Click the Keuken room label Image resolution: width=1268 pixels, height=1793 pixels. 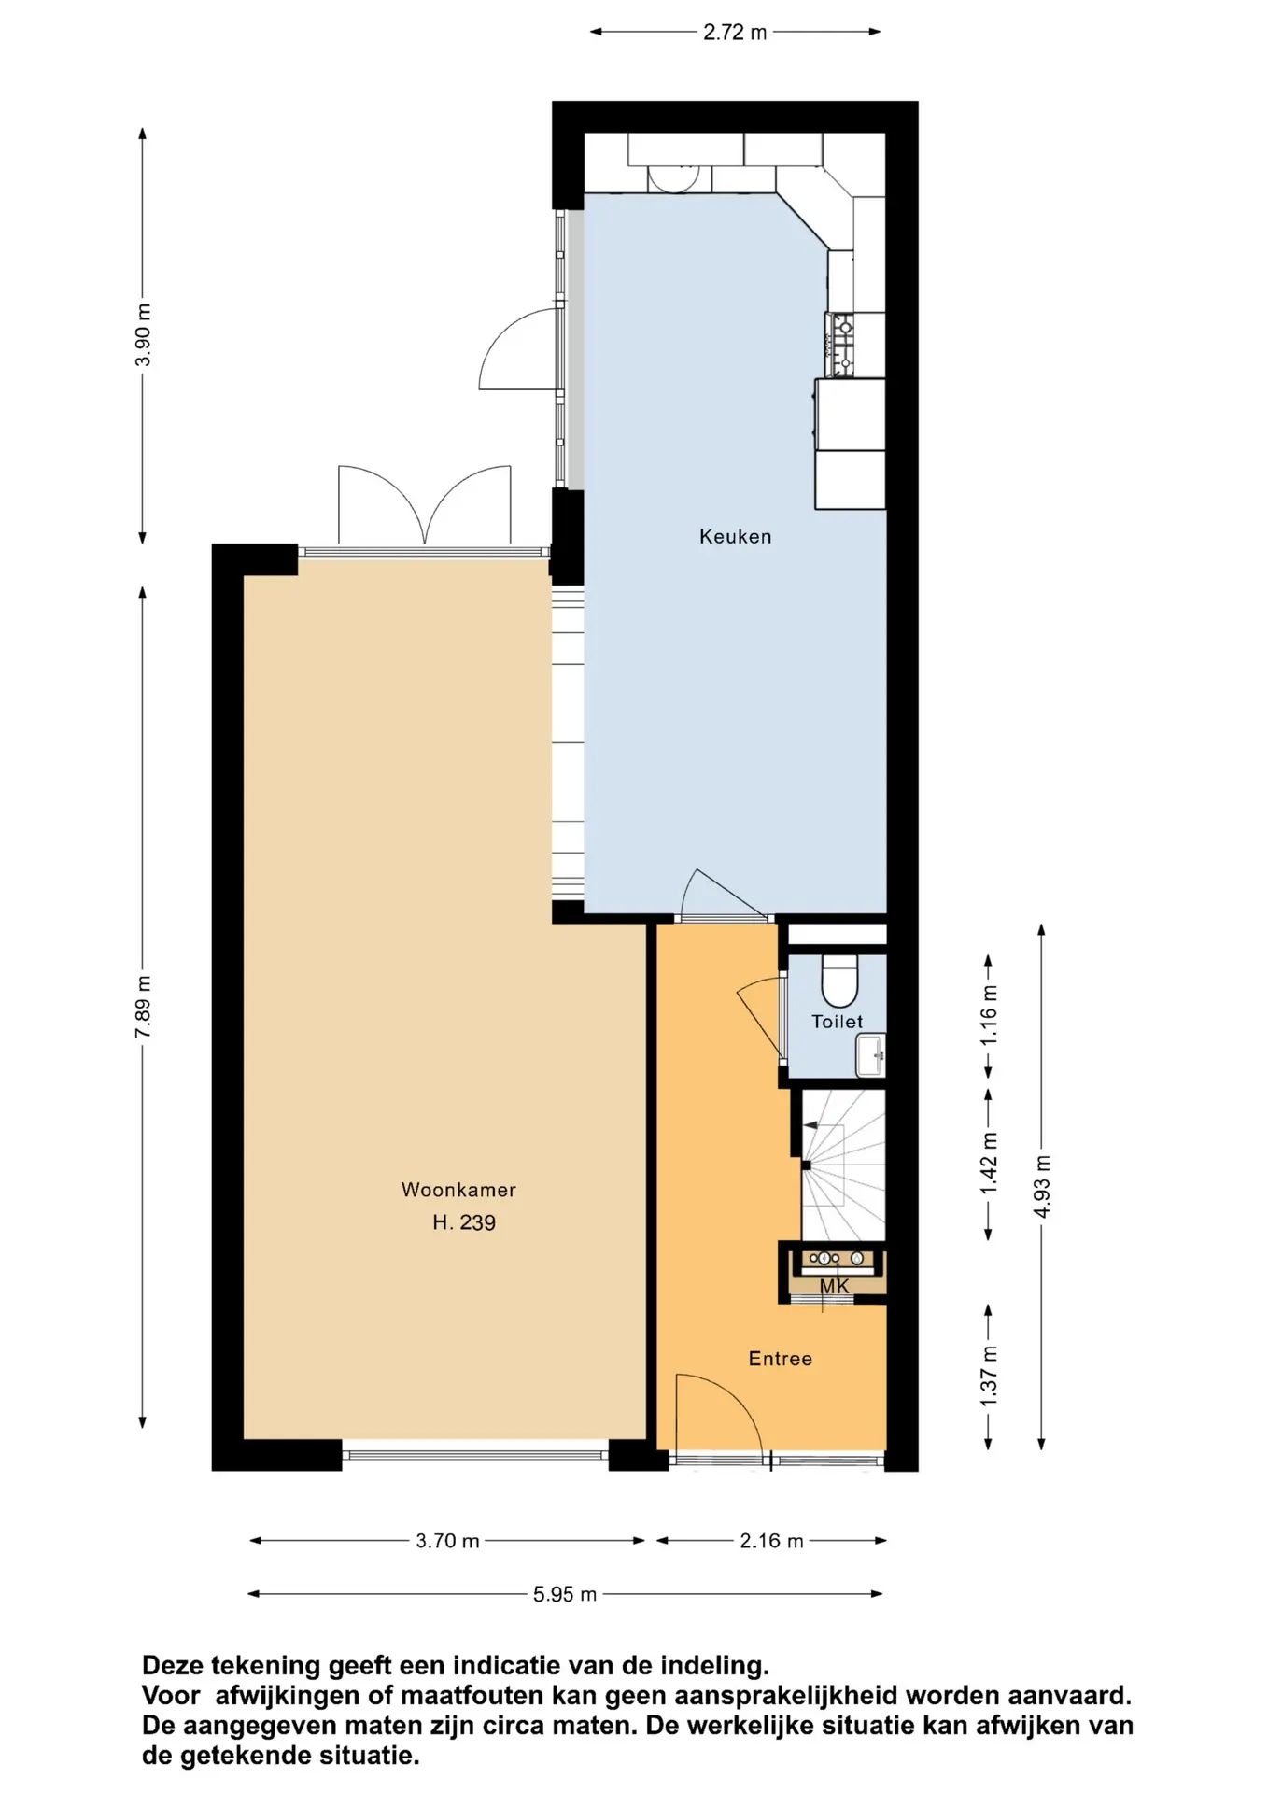[x=735, y=536]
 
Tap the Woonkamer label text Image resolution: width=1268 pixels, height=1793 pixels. [x=458, y=1190]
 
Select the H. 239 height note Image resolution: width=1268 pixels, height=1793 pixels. [x=464, y=1222]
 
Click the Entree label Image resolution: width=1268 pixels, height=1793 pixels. [x=780, y=1359]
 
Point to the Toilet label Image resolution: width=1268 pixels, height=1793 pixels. [x=837, y=1022]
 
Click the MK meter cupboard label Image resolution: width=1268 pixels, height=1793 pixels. [x=834, y=1286]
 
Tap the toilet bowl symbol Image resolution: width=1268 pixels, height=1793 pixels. [x=839, y=978]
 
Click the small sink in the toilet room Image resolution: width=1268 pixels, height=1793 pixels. [x=871, y=1055]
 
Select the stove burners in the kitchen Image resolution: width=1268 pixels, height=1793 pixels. [x=842, y=345]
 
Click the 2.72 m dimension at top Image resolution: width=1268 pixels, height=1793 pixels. [x=735, y=33]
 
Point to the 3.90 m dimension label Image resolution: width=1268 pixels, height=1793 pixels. [x=143, y=335]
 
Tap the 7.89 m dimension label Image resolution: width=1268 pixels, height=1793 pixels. [x=143, y=1007]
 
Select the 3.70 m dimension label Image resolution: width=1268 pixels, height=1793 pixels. [x=447, y=1541]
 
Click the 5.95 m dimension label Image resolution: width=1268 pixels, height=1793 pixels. [x=564, y=1594]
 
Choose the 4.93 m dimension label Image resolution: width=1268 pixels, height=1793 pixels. [x=1042, y=1186]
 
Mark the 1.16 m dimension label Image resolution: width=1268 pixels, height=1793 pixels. [x=989, y=1015]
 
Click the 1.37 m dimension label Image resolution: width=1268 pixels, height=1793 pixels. [x=989, y=1376]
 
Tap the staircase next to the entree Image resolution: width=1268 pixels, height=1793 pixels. [x=843, y=1166]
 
